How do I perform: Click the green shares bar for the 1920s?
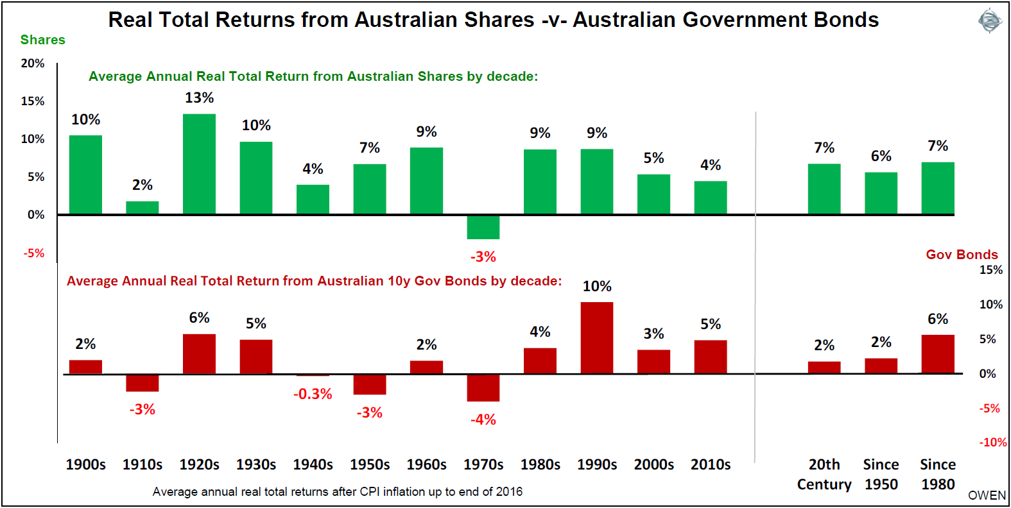[x=199, y=164]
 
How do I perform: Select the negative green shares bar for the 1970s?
[x=483, y=227]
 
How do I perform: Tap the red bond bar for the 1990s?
[x=597, y=338]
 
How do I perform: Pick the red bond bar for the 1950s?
[x=370, y=384]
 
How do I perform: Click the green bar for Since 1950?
[x=881, y=193]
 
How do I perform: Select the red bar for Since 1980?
[x=938, y=354]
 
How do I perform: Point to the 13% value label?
[x=199, y=98]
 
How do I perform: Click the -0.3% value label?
[x=313, y=394]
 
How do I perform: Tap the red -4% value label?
[x=483, y=420]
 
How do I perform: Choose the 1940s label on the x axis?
[x=313, y=464]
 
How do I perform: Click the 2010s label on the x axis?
[x=711, y=464]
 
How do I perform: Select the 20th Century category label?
[x=824, y=474]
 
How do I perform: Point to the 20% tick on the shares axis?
[x=33, y=63]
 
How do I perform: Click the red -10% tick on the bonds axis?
[x=992, y=443]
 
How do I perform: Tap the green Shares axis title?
[x=42, y=40]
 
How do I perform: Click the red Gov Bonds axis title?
[x=962, y=255]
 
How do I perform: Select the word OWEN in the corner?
[x=987, y=495]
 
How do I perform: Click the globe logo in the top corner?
[x=989, y=21]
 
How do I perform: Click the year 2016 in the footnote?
[x=510, y=492]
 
